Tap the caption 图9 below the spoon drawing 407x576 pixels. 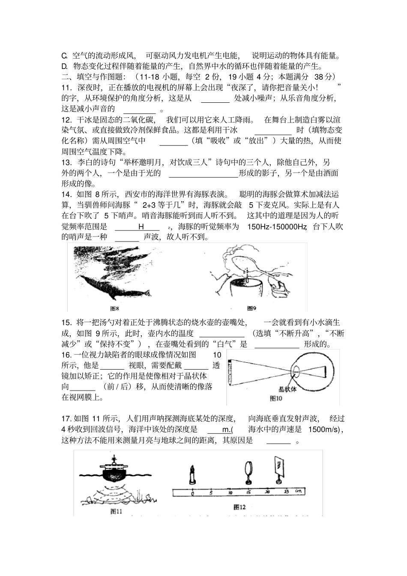pyautogui.click(x=251, y=308)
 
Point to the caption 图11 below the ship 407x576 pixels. pyautogui.click(x=117, y=511)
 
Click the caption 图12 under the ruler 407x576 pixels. pyautogui.click(x=239, y=507)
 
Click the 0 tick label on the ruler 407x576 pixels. pyautogui.click(x=193, y=493)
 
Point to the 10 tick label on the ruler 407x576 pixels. pyautogui.click(x=230, y=493)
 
